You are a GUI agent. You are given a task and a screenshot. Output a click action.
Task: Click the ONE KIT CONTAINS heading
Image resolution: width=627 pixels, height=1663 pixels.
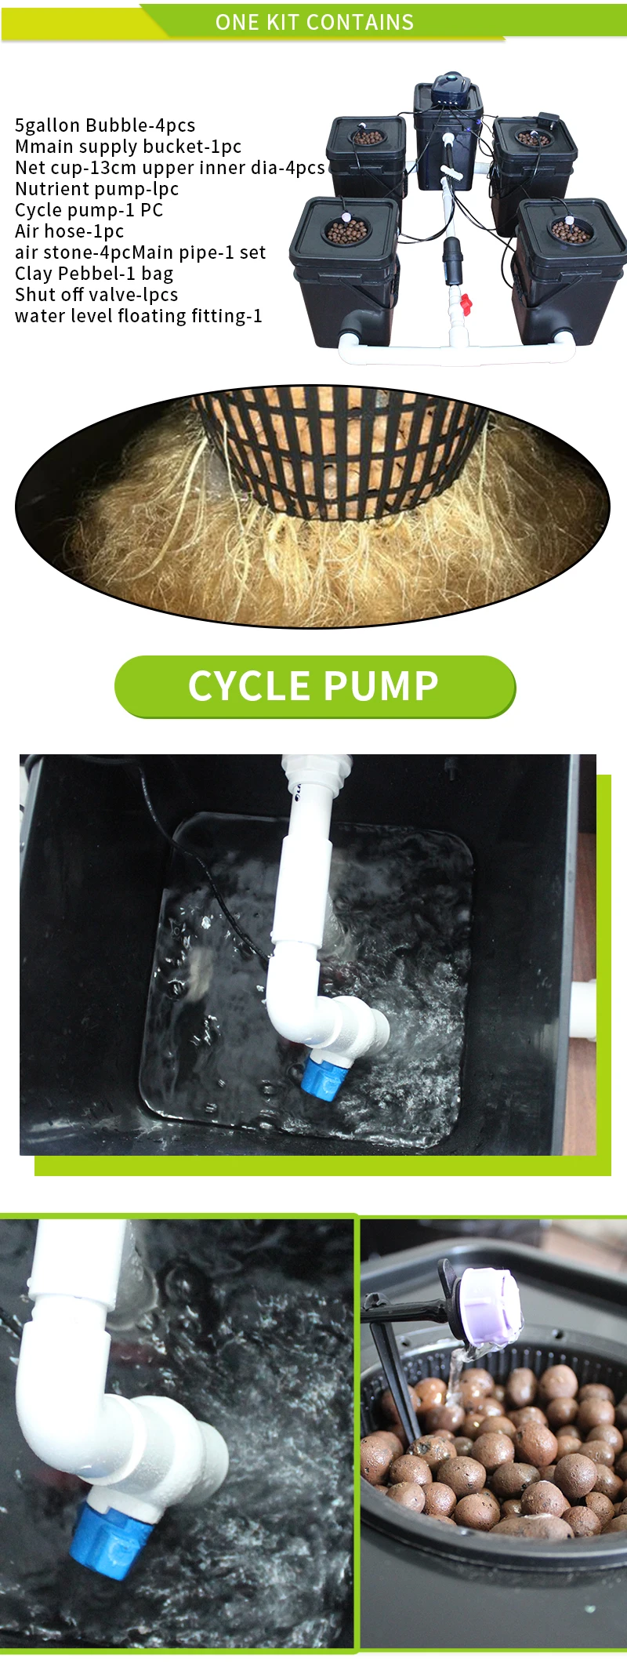(314, 22)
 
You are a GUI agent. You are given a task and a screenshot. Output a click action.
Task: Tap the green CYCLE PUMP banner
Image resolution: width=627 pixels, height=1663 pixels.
(313, 686)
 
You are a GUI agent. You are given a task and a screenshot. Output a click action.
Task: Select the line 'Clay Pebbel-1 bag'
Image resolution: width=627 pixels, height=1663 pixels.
(94, 274)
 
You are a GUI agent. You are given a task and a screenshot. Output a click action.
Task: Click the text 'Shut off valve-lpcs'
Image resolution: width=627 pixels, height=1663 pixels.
(96, 295)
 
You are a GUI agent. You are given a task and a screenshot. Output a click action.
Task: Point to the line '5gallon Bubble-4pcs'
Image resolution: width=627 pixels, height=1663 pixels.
(105, 125)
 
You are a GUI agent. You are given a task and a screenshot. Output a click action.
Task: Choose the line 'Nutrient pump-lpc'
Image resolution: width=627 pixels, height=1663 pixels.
(97, 189)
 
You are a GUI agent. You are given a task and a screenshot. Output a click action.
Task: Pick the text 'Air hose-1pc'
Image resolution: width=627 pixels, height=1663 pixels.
(70, 231)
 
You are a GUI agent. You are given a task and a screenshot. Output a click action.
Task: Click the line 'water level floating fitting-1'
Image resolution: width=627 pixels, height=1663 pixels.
(139, 316)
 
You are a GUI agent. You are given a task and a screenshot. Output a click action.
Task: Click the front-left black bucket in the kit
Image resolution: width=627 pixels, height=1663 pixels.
(345, 271)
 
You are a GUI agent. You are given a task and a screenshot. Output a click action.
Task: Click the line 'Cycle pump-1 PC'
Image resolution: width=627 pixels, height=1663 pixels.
(89, 210)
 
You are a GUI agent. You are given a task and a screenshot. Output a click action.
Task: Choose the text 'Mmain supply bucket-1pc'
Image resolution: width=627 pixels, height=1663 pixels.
(129, 147)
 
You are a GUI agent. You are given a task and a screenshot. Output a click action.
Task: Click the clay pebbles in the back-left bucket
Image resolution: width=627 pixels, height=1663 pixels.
(366, 138)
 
